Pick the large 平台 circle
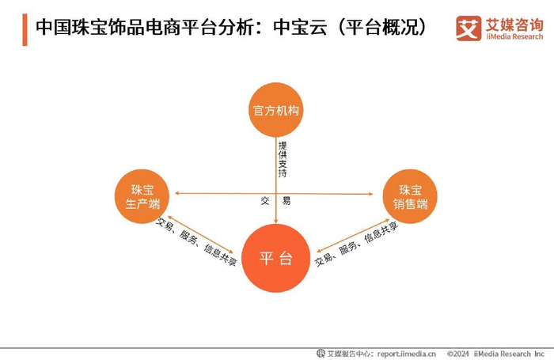[x=276, y=258]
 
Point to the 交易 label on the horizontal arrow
[x=275, y=201]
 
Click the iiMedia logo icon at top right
[x=468, y=28]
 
